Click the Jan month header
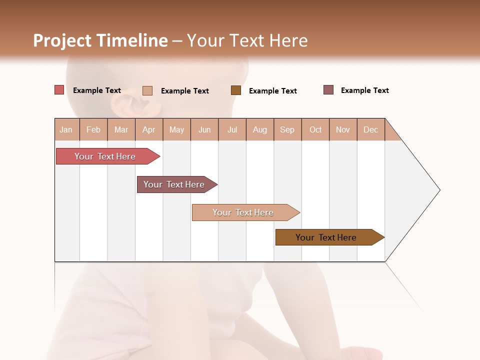coord(66,129)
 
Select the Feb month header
coord(93,129)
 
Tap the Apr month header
coord(148,129)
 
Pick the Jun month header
coord(204,129)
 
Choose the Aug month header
coord(259,129)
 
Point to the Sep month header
coord(287,129)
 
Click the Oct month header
coord(315,129)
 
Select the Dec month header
coord(370,129)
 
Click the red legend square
coord(59,90)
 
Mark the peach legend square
coord(147,90)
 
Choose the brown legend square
coord(236,90)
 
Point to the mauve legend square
coord(328,90)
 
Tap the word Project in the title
coord(62,40)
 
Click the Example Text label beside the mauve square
coord(364,90)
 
